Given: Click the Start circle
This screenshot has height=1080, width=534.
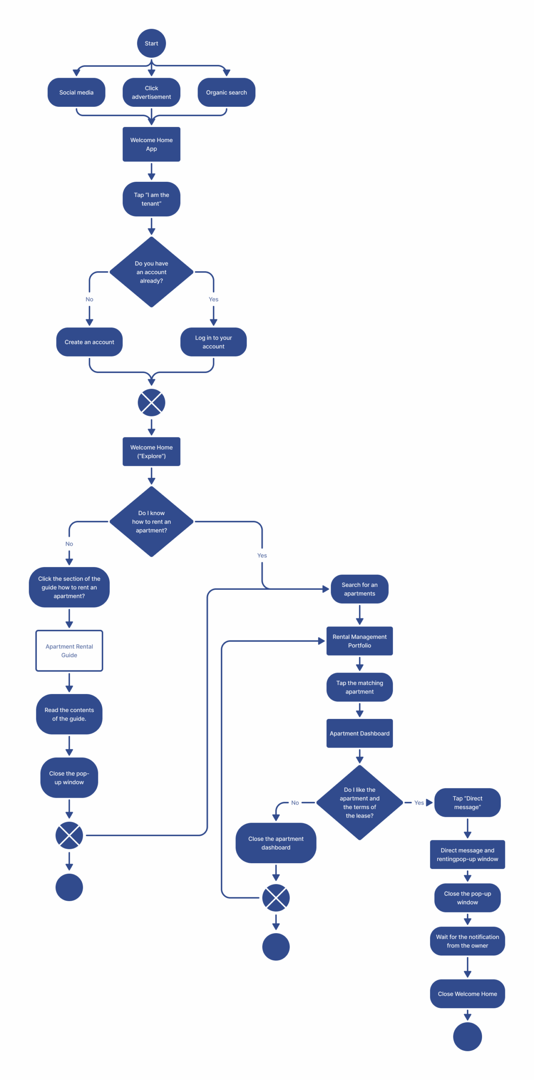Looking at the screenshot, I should (x=151, y=43).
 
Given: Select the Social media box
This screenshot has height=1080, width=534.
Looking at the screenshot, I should (x=76, y=92).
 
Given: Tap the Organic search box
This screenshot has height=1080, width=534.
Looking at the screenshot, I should (x=226, y=92).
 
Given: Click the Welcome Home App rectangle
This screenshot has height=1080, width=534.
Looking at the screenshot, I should (x=151, y=144).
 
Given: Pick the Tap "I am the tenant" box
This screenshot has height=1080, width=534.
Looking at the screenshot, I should (x=151, y=199).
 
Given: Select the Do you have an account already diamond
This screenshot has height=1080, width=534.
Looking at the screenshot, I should (x=151, y=272).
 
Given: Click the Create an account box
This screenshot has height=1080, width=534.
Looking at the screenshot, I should (x=89, y=342).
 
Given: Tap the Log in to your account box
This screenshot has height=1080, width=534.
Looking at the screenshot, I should (x=213, y=342).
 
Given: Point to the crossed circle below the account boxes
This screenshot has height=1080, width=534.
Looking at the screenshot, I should (x=151, y=402).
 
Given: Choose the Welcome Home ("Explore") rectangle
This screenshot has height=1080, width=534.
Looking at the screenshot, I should (x=151, y=451).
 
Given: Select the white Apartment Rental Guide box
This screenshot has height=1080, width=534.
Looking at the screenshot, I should (x=69, y=650).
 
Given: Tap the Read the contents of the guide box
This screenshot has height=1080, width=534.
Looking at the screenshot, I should (x=69, y=714).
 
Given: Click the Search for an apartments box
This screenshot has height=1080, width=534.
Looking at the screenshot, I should (x=359, y=589).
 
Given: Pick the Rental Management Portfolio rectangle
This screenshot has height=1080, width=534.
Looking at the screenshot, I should (x=359, y=640).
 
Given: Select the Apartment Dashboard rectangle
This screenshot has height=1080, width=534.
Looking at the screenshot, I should (x=359, y=733).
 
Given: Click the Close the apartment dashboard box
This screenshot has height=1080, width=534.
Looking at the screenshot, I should (x=276, y=842).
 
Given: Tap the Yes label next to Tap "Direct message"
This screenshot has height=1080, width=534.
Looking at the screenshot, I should (x=419, y=802).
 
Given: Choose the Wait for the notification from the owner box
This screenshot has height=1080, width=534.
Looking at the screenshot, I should (x=467, y=941).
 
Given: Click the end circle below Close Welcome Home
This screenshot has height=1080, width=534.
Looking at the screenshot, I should (x=467, y=1036).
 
